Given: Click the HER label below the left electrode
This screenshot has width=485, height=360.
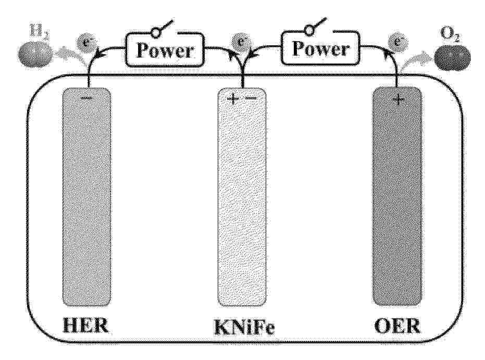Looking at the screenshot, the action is [x=85, y=325].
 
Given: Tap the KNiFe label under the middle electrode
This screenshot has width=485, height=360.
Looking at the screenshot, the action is [x=244, y=327].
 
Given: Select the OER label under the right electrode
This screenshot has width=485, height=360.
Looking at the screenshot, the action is [x=397, y=326].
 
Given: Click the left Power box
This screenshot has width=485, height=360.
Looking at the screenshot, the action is [x=165, y=50].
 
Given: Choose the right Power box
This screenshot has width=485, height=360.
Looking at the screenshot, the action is [x=321, y=48].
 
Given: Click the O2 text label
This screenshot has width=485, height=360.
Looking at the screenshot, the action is [x=450, y=34].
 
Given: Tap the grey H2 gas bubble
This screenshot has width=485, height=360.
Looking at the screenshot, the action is [x=35, y=55].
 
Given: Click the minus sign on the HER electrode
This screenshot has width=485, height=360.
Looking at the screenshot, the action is [x=86, y=98].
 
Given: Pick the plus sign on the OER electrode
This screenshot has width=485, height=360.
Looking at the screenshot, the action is [x=399, y=100].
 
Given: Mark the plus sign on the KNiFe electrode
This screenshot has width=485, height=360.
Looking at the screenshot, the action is [x=233, y=98].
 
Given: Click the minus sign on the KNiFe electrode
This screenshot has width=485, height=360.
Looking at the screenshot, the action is [x=251, y=98].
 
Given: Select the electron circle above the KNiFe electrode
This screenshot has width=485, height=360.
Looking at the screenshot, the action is [x=240, y=41].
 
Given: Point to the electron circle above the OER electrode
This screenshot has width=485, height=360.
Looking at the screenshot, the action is [x=398, y=42].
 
